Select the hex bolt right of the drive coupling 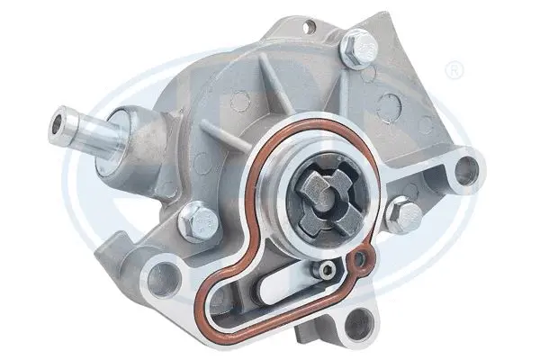point(405,214)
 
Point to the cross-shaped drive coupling point(319,189)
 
